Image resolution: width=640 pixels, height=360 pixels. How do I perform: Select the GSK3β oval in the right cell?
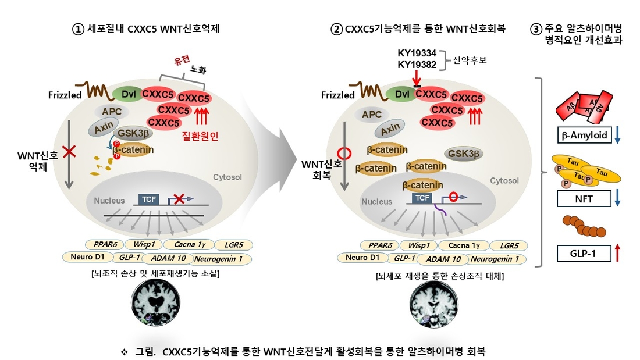tap(463, 154)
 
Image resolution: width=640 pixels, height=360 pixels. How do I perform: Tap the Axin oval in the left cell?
tap(104, 127)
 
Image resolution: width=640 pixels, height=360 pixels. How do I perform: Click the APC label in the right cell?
tap(371, 115)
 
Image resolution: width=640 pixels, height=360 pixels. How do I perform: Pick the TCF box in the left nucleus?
tap(148, 199)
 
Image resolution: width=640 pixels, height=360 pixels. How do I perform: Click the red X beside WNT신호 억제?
tap(69, 151)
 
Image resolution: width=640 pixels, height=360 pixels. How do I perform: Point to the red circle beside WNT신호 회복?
tap(344, 154)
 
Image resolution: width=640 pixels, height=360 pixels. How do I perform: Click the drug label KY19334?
tap(417, 53)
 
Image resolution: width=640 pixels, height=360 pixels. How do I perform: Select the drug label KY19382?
tap(417, 65)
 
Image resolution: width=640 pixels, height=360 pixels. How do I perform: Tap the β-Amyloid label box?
tap(585, 135)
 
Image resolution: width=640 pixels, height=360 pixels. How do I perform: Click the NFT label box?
tap(584, 199)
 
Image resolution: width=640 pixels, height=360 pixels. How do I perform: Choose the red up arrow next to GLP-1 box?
tap(617, 252)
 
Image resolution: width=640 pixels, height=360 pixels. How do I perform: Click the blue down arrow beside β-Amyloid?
tap(617, 135)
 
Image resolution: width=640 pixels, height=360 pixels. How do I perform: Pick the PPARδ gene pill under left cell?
tap(105, 244)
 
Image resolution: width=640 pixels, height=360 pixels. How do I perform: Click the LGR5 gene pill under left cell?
tap(234, 245)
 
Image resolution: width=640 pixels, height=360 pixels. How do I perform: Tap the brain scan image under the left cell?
tap(155, 303)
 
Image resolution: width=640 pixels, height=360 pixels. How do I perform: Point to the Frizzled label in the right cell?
tap(337, 95)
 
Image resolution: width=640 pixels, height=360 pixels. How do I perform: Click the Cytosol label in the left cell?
tap(227, 177)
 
